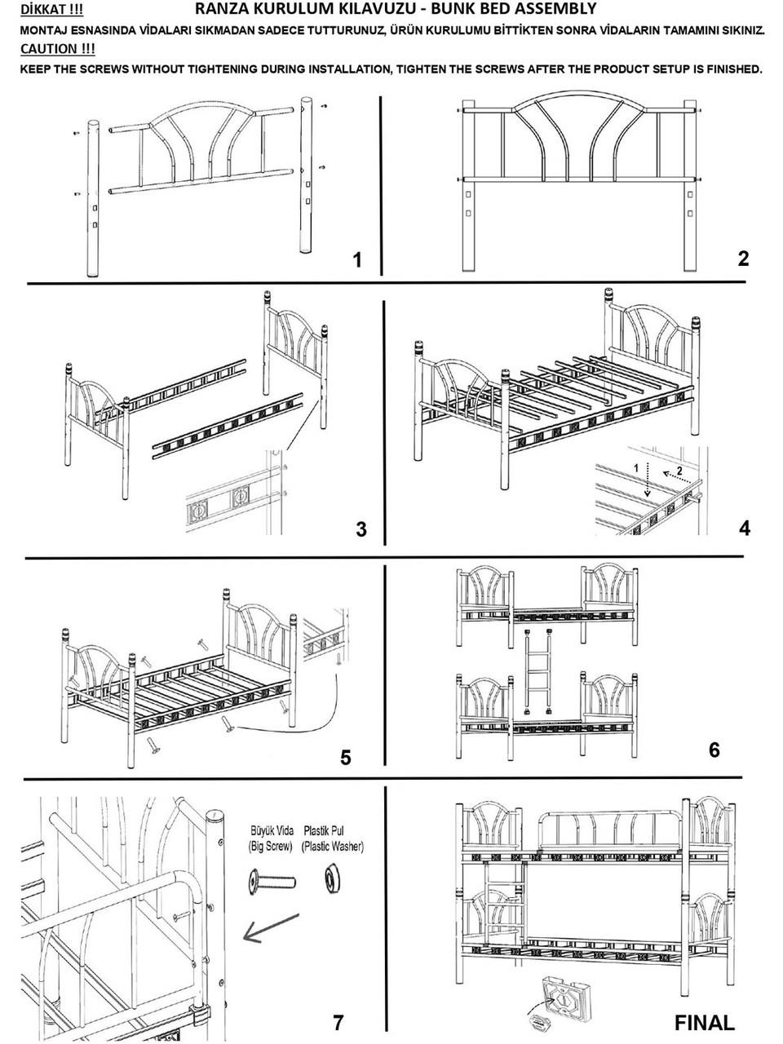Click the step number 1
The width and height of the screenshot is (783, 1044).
pyautogui.click(x=356, y=260)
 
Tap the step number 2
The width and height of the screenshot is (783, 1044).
pyautogui.click(x=742, y=259)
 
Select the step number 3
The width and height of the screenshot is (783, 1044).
pyautogui.click(x=361, y=530)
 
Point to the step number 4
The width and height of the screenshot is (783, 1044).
pyautogui.click(x=744, y=528)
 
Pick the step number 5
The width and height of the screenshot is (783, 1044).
pyautogui.click(x=346, y=758)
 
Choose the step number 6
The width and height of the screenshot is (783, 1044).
pyautogui.click(x=714, y=749)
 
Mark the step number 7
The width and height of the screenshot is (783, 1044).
pyautogui.click(x=338, y=1022)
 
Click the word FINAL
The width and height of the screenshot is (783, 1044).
pyautogui.click(x=705, y=1021)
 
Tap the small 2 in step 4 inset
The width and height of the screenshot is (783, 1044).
pyautogui.click(x=679, y=472)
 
